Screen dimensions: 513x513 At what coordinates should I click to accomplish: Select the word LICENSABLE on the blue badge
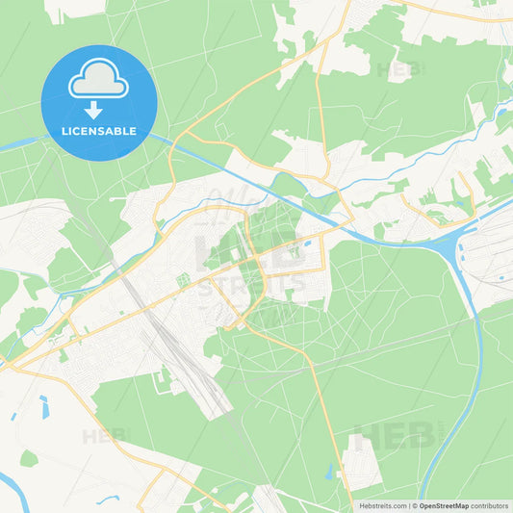coord(98,130)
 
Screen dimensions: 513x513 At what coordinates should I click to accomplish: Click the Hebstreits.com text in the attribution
coord(382,505)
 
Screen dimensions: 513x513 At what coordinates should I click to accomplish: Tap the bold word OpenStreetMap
coord(444,505)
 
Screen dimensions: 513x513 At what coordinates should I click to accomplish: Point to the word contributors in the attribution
coord(490,505)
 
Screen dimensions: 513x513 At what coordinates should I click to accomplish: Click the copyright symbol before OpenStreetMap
coord(414,505)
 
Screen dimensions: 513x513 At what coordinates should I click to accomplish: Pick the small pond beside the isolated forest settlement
coord(329,472)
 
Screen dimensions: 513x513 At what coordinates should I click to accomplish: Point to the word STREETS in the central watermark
coord(252,285)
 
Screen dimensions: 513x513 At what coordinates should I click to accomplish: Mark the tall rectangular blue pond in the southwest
coord(44,407)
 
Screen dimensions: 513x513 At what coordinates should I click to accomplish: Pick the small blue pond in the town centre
coord(306,242)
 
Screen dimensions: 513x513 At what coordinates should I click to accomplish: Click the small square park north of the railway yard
coord(182,280)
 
